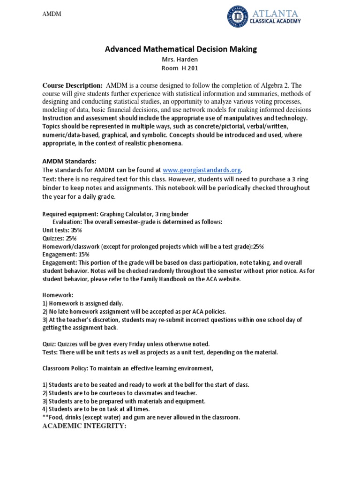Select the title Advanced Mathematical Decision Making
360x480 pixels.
(180, 49)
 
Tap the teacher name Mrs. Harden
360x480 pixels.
(180, 60)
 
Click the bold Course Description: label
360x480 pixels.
(73, 86)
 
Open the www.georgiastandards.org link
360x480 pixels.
(203, 170)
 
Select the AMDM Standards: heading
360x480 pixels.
(69, 161)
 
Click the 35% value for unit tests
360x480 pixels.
(76, 230)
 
